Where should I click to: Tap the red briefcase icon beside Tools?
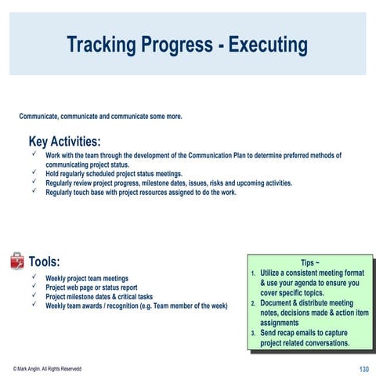16,261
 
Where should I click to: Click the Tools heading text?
44,262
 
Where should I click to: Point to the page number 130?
363,368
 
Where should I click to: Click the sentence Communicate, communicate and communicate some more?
100,117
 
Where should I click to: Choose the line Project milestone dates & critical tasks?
99,297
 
